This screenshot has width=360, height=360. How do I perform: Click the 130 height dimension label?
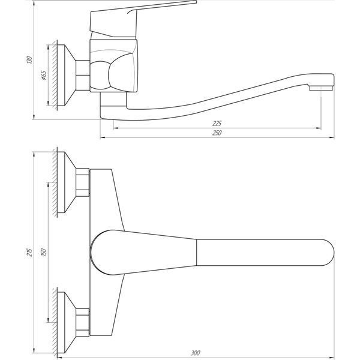[29, 59]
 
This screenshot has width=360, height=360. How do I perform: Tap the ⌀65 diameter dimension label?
[43, 75]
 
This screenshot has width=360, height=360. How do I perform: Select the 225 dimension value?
[217, 123]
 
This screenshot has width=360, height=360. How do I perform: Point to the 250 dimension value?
[217, 133]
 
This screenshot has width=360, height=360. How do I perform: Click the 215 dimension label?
[29, 253]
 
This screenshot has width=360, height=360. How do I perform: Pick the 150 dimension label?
[44, 252]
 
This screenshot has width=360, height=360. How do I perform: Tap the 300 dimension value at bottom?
[196, 353]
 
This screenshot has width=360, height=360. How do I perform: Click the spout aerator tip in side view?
[321, 88]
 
